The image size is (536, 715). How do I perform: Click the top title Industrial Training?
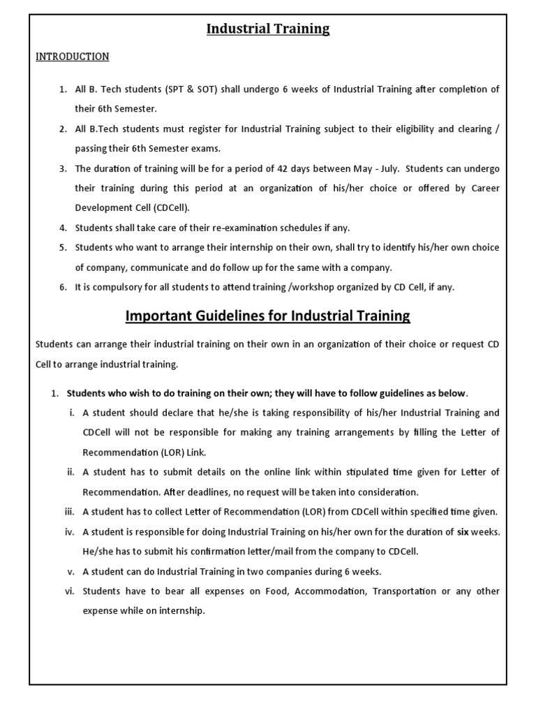tap(268, 29)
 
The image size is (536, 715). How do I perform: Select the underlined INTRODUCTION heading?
tap(73, 57)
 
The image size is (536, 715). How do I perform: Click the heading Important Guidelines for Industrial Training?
tap(268, 316)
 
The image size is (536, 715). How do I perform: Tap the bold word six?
tap(463, 532)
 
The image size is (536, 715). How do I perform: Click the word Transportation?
tap(405, 591)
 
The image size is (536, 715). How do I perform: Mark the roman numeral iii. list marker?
tap(70, 512)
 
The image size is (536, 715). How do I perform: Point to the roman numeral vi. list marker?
tap(70, 591)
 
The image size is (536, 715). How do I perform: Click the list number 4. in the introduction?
tap(63, 228)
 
